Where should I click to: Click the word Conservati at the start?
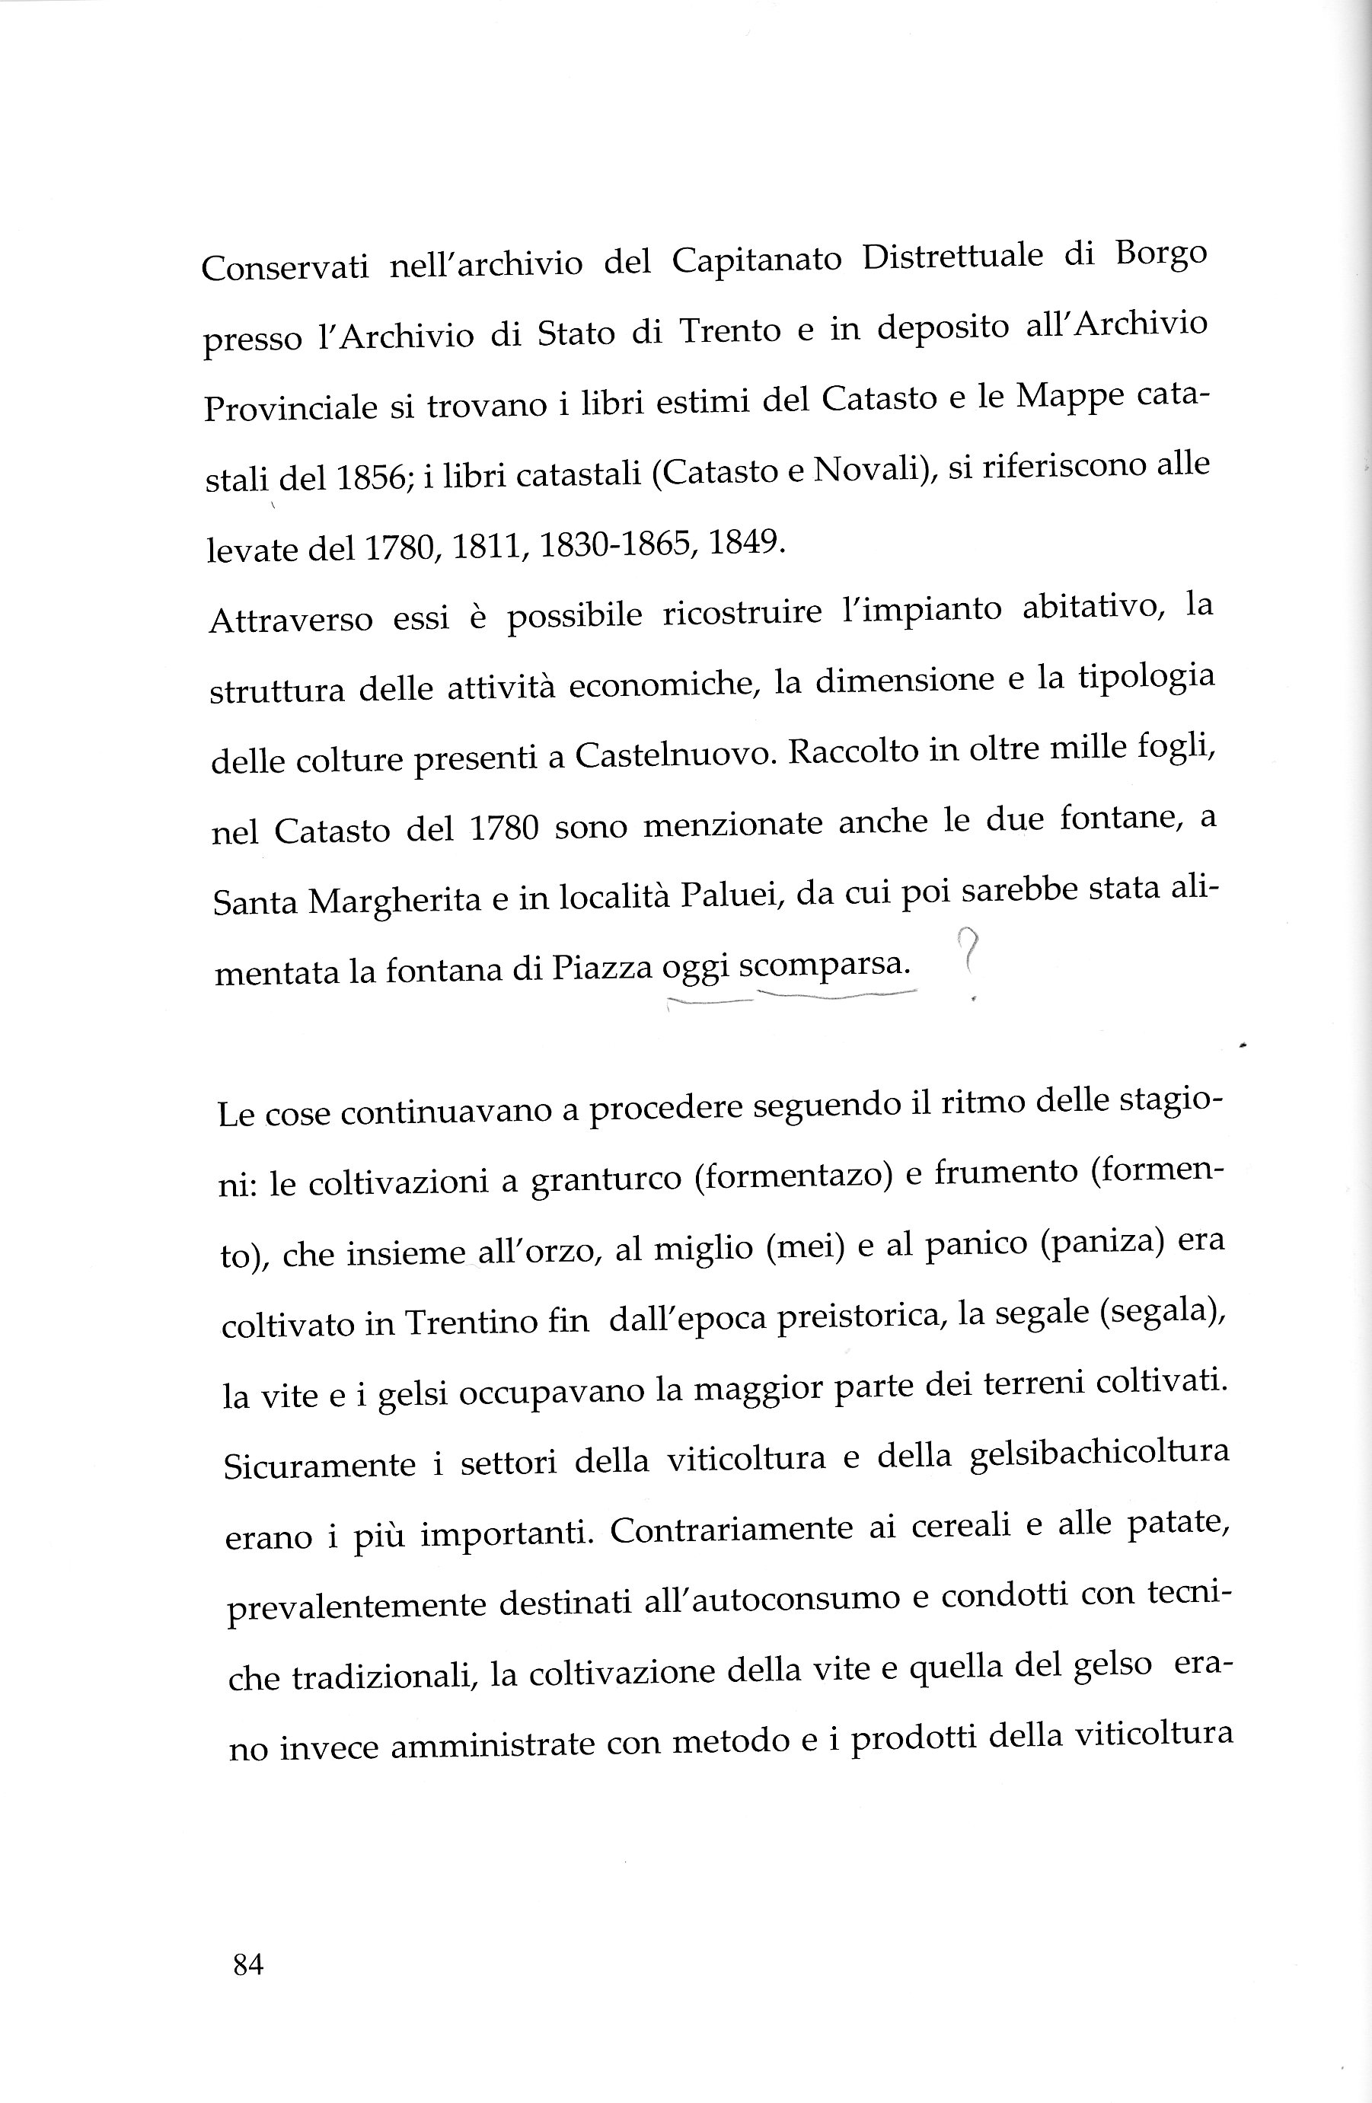[x=285, y=266]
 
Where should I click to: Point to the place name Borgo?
[x=1161, y=255]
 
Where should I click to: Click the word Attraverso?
[x=291, y=621]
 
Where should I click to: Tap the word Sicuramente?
[x=319, y=1465]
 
